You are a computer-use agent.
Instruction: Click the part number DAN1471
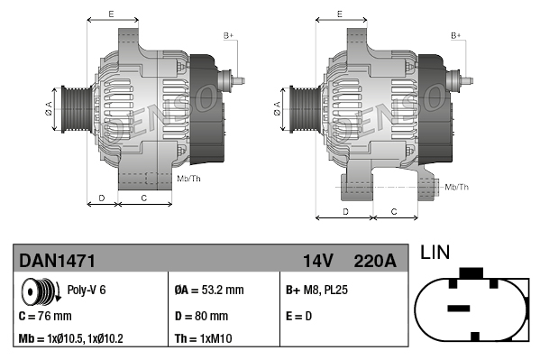click(x=57, y=261)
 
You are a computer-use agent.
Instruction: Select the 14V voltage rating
click(x=317, y=261)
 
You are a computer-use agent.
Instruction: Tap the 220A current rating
click(x=375, y=261)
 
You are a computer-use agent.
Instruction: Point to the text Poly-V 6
click(x=87, y=291)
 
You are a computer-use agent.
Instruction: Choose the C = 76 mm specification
click(x=45, y=316)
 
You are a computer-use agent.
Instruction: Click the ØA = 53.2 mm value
click(x=208, y=291)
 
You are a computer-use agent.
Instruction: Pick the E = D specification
click(x=300, y=316)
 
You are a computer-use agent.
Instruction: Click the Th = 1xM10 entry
click(x=205, y=339)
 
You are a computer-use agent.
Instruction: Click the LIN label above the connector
click(x=435, y=254)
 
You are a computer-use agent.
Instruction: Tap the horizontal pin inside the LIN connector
click(x=459, y=309)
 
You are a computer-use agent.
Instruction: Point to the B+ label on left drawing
click(x=228, y=35)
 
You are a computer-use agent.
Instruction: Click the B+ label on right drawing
click(x=456, y=35)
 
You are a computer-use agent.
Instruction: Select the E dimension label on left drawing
click(x=111, y=14)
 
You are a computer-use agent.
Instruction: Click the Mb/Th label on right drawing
click(x=457, y=187)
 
